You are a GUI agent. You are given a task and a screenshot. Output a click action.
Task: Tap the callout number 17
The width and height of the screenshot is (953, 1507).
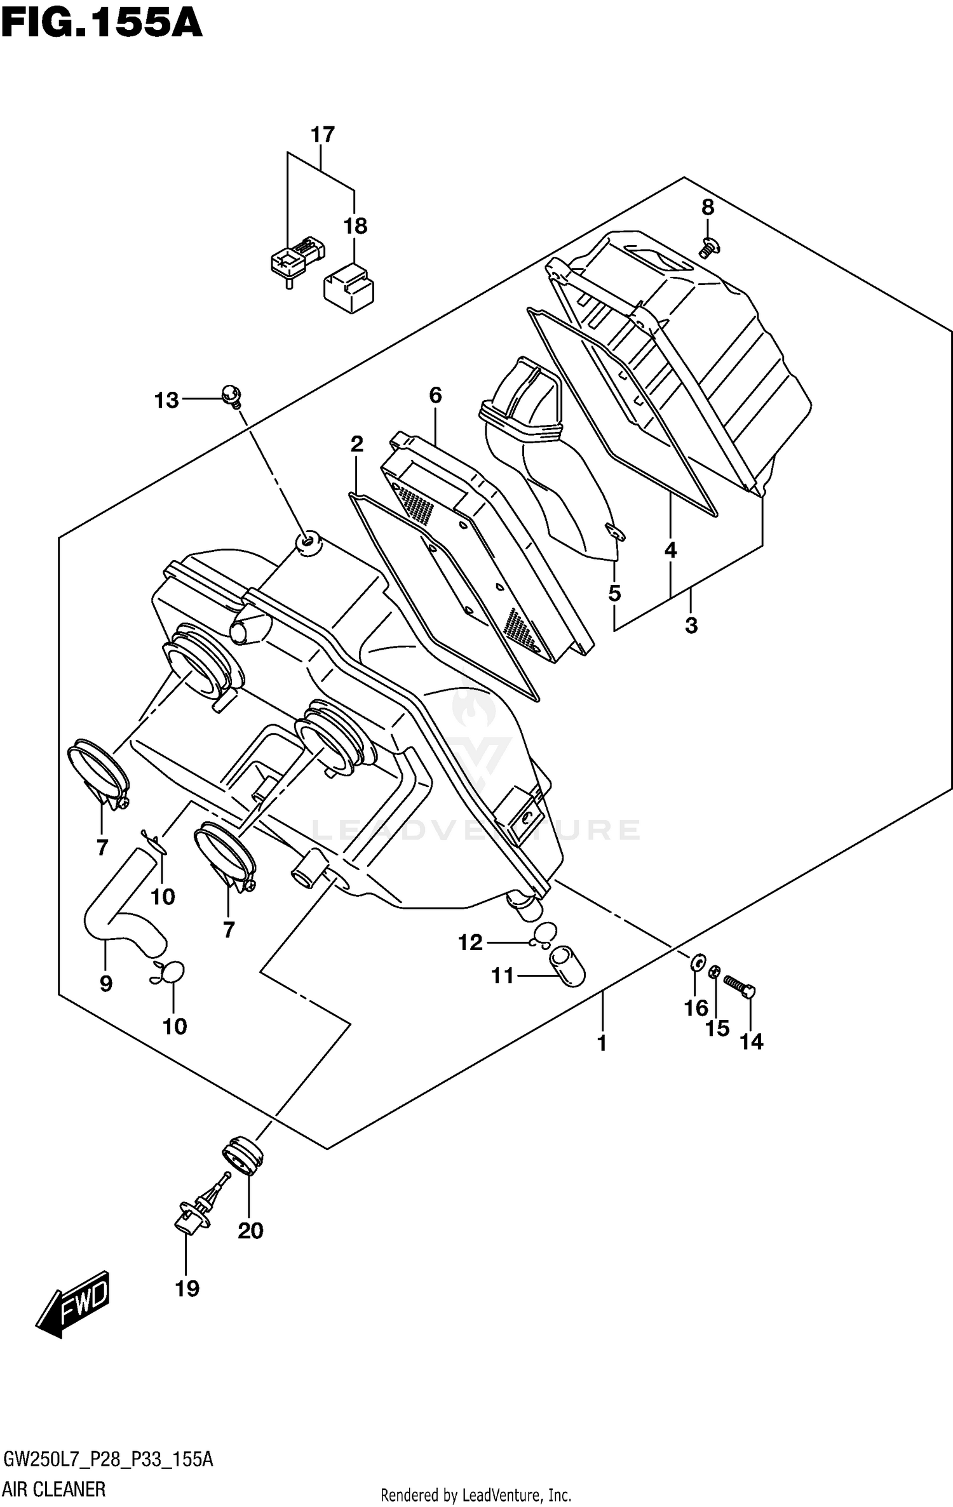[x=322, y=135]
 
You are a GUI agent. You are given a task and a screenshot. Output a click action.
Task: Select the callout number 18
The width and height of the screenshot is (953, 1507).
[x=355, y=225]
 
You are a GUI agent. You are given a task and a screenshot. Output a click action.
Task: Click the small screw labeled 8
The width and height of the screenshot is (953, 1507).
[x=707, y=246]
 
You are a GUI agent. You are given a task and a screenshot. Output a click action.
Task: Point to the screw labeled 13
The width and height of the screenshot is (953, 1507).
[x=232, y=396]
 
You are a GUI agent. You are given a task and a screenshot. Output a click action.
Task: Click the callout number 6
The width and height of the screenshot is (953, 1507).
[x=435, y=395]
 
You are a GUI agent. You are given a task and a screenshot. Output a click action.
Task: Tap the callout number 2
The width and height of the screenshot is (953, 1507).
[x=356, y=444]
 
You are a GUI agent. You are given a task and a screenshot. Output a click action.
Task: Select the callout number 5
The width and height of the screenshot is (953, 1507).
[x=614, y=593]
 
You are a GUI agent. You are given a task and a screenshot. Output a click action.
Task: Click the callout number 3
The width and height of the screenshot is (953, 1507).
[x=691, y=625]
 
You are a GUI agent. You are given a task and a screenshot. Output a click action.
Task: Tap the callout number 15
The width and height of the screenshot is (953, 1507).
[x=718, y=1028]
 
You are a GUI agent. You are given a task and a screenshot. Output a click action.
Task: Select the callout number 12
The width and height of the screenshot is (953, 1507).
[x=470, y=942]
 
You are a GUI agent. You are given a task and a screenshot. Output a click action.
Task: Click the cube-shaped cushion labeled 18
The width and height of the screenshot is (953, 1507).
[x=349, y=289]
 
